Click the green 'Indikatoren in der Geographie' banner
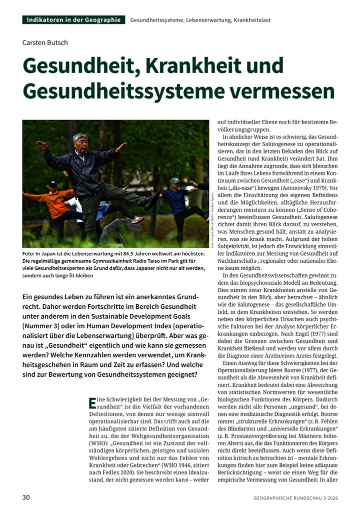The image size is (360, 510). point(73,20)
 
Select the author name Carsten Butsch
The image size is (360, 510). point(45,42)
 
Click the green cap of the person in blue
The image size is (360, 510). point(174,180)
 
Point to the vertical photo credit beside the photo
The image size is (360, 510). point(212,220)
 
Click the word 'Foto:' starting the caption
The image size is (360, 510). point(28,254)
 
